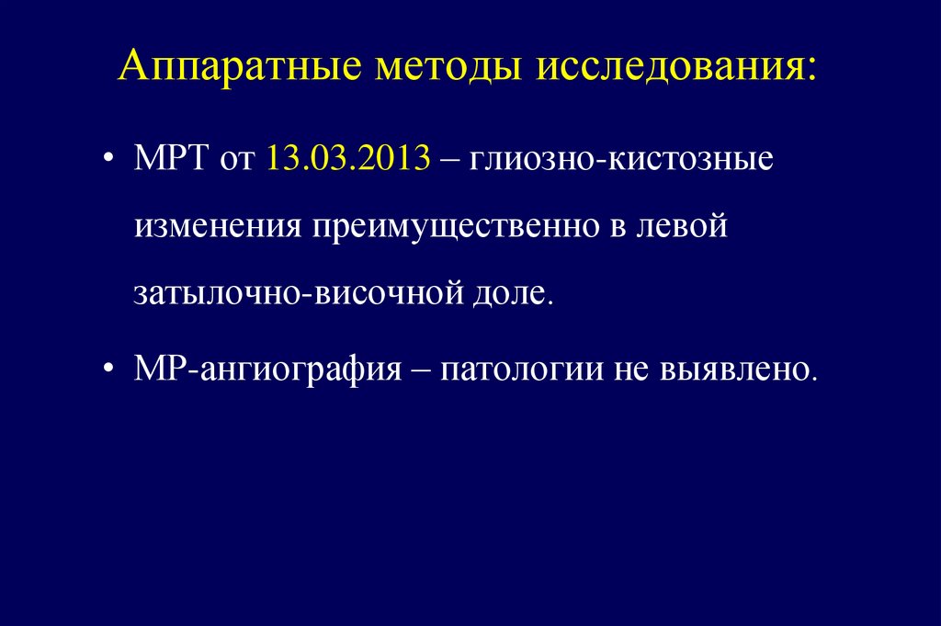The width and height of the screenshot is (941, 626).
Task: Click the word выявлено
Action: coord(736,370)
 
